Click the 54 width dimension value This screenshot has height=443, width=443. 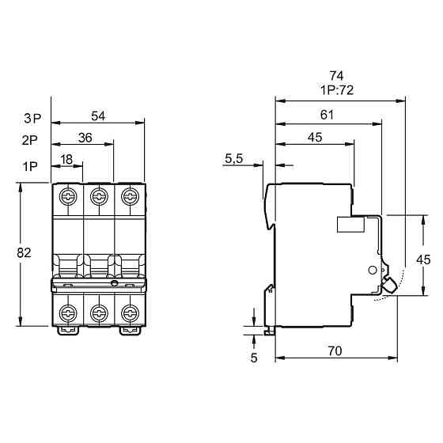point(98,116)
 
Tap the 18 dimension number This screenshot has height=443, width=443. point(67,158)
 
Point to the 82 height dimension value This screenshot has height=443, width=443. point(23,253)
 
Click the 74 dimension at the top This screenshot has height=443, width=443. point(336,76)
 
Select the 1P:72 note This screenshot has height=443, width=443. point(336,90)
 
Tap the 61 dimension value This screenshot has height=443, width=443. point(327,115)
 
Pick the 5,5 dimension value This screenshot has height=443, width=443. point(233,159)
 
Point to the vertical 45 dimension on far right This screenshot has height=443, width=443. point(423,259)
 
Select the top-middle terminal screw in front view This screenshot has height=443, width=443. point(99,195)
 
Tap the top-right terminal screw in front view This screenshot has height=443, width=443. point(129,195)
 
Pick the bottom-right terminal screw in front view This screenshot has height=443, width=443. point(129,310)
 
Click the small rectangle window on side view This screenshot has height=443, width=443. point(350,225)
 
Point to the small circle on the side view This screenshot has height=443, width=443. point(373,270)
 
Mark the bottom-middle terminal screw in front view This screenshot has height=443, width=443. point(99,310)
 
